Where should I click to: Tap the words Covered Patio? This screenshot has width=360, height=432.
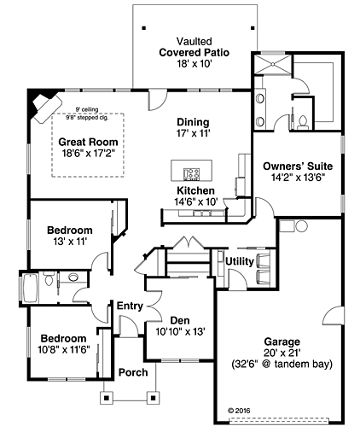click(x=194, y=52)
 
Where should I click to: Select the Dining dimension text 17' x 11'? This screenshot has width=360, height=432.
click(x=193, y=133)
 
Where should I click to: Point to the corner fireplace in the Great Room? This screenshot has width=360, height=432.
click(x=41, y=105)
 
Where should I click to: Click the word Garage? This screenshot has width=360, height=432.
click(x=281, y=338)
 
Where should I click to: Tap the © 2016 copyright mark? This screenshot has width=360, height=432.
click(x=242, y=410)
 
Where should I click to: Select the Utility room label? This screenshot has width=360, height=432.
click(x=239, y=260)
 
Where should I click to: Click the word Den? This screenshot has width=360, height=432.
click(x=178, y=320)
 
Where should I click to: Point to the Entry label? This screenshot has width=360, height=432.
click(x=130, y=306)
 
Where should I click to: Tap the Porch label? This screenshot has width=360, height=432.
click(x=133, y=372)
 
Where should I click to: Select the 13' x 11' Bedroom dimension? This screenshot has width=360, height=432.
click(x=70, y=242)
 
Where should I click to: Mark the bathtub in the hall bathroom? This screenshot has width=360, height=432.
click(x=28, y=288)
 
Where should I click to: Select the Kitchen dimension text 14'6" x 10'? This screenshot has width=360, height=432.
click(x=195, y=201)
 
